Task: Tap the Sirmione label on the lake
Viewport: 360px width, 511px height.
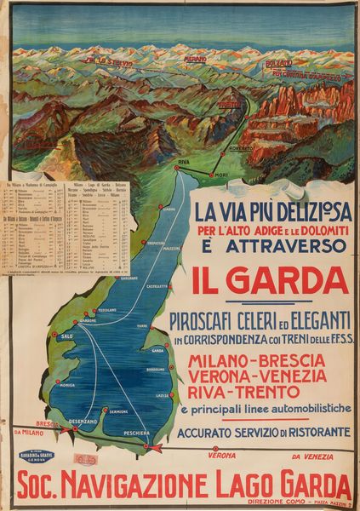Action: pos(118,412)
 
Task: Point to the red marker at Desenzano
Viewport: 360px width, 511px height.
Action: pos(75,429)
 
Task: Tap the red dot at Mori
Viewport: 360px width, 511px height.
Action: pos(210,174)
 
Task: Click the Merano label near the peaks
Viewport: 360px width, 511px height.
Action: pos(195,59)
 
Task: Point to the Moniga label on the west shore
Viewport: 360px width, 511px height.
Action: pos(66,386)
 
